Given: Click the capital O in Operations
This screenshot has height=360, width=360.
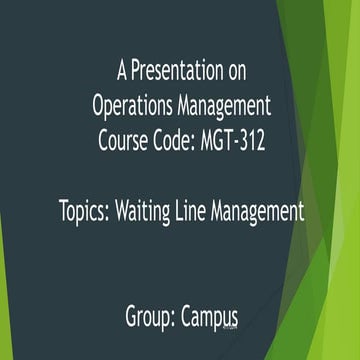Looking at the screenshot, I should pos(99,103).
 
